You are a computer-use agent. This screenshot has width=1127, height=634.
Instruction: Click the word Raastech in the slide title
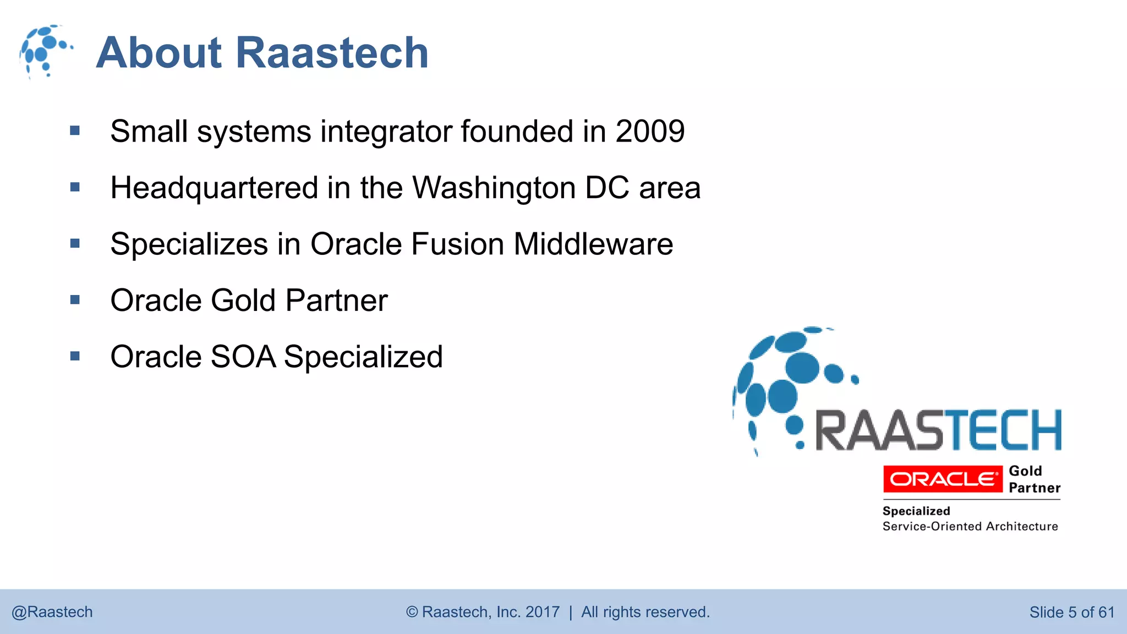click(x=332, y=53)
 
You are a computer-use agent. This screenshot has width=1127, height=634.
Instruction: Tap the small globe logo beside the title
click(x=45, y=51)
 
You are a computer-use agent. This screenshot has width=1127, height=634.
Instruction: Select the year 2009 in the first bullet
click(x=649, y=132)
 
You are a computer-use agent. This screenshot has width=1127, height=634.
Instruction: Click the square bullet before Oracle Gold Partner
click(x=75, y=300)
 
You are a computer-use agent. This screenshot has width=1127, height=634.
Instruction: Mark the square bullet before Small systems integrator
click(x=75, y=131)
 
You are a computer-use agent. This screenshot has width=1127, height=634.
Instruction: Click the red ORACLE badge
click(x=942, y=479)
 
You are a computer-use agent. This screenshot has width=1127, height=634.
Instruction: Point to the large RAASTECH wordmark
click(x=938, y=430)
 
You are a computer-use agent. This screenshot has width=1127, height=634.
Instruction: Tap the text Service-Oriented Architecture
click(x=970, y=527)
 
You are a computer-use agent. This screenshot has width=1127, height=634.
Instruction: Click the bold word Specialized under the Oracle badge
click(x=916, y=511)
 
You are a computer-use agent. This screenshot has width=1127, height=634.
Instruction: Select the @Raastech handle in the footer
click(x=52, y=612)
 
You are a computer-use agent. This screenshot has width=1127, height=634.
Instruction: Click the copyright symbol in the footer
click(x=412, y=612)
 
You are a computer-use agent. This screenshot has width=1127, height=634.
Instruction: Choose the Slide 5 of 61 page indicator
click(x=1071, y=612)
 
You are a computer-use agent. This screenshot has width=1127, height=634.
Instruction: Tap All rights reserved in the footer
click(x=645, y=612)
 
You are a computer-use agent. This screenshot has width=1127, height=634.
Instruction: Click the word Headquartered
click(x=214, y=188)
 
